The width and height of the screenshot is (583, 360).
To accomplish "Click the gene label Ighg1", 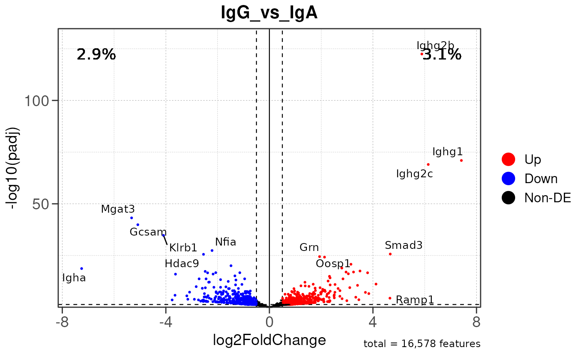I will (x=447, y=151).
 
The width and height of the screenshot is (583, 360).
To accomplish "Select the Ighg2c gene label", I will (x=414, y=174).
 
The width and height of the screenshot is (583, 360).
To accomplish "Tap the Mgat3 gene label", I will (x=118, y=209).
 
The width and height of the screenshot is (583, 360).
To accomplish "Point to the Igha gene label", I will (x=74, y=278).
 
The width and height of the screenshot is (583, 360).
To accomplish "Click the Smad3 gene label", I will (x=404, y=245).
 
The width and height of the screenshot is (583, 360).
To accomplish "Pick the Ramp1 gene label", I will (x=415, y=299).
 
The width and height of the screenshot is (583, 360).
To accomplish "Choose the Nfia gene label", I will (x=226, y=242).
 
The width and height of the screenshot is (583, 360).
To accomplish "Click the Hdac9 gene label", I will (x=182, y=263).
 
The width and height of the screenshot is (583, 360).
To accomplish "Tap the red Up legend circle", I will (x=508, y=159).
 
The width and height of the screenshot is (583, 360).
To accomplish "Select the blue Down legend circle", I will (x=508, y=178).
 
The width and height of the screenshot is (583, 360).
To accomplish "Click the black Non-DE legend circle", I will (x=508, y=198).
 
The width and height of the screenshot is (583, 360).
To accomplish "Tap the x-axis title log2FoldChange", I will (x=269, y=340).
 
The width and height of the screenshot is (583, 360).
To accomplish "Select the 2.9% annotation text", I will (x=96, y=54).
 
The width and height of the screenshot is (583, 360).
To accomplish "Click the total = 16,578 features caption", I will (x=422, y=344).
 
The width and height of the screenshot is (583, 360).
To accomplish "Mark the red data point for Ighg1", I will (x=461, y=160).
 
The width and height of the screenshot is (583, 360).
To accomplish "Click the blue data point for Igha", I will (x=82, y=268).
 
